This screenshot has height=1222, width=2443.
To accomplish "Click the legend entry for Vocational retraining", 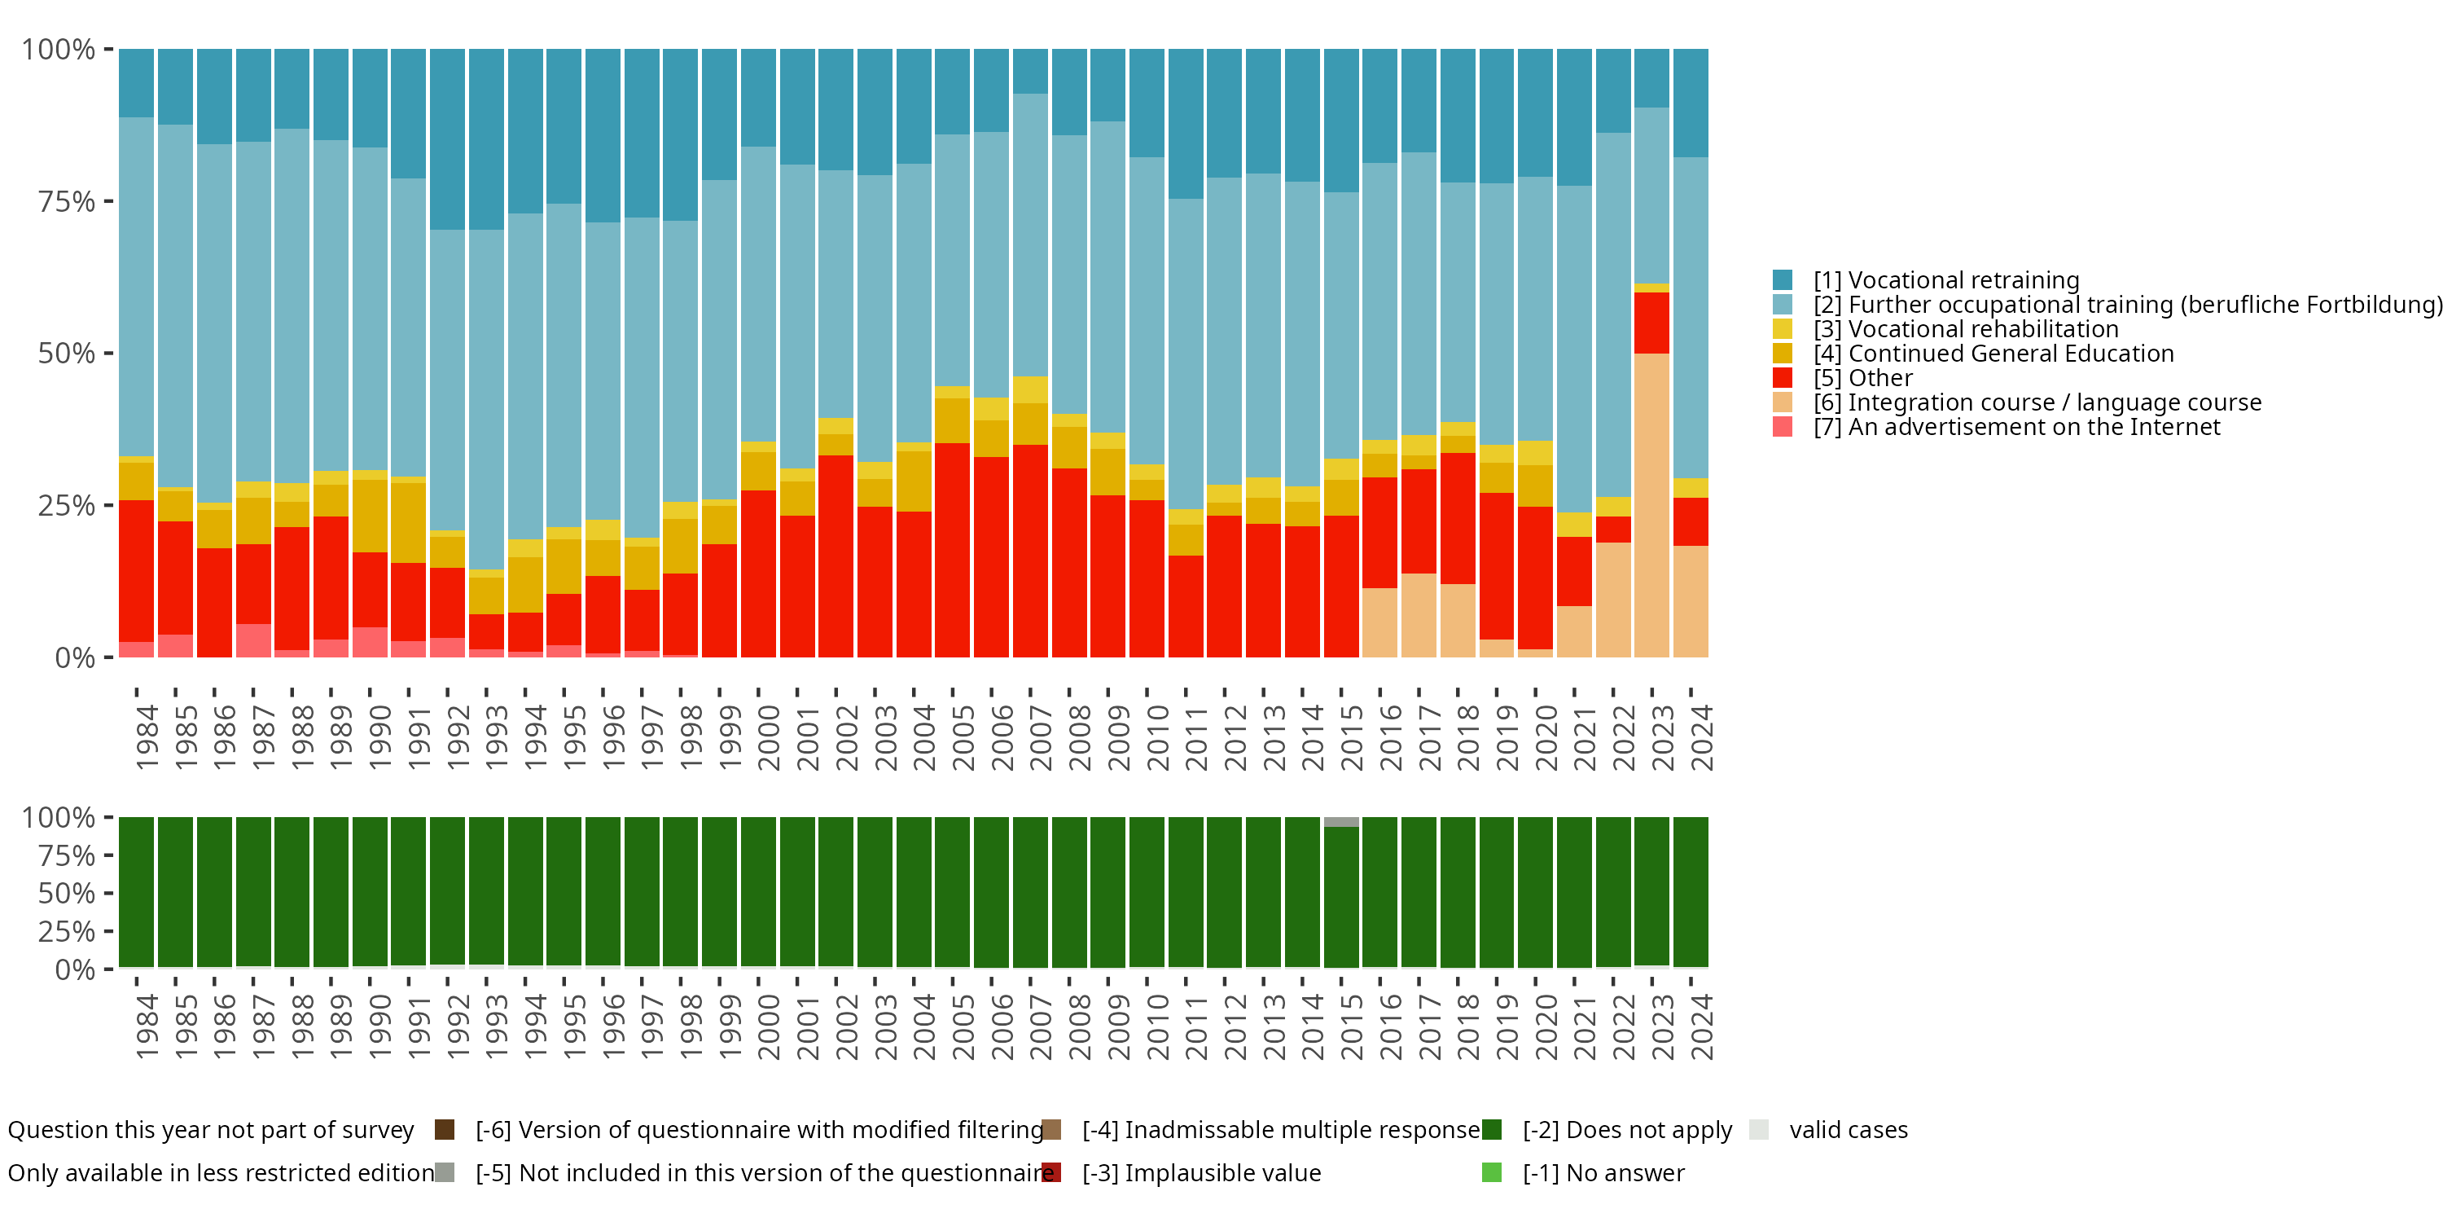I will click(x=1945, y=280).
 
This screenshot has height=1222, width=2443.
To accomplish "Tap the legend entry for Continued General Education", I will click(x=1993, y=354).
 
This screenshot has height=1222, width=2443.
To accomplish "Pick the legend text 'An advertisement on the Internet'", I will click(x=2015, y=427).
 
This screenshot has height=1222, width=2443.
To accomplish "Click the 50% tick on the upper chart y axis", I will click(x=67, y=354).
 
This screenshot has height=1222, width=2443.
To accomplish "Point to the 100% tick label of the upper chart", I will click(x=58, y=50).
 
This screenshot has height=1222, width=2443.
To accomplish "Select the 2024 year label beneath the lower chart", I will click(x=1701, y=1026).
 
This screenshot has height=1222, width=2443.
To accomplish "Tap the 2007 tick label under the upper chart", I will click(x=1041, y=737).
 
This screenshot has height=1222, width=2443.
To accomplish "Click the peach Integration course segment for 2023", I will click(x=1651, y=505).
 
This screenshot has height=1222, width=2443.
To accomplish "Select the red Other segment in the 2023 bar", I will click(x=1651, y=323).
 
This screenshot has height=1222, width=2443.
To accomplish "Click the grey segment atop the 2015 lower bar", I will click(x=1341, y=822).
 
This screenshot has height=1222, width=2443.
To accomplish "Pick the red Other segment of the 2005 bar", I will click(x=952, y=549).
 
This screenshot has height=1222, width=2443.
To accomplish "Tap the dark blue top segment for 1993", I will click(x=486, y=138).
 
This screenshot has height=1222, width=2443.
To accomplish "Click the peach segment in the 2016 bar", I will click(x=1379, y=622).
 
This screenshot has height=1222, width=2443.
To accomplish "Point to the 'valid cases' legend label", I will click(x=1848, y=1130).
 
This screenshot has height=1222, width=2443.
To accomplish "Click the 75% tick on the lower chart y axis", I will click(x=67, y=855).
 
